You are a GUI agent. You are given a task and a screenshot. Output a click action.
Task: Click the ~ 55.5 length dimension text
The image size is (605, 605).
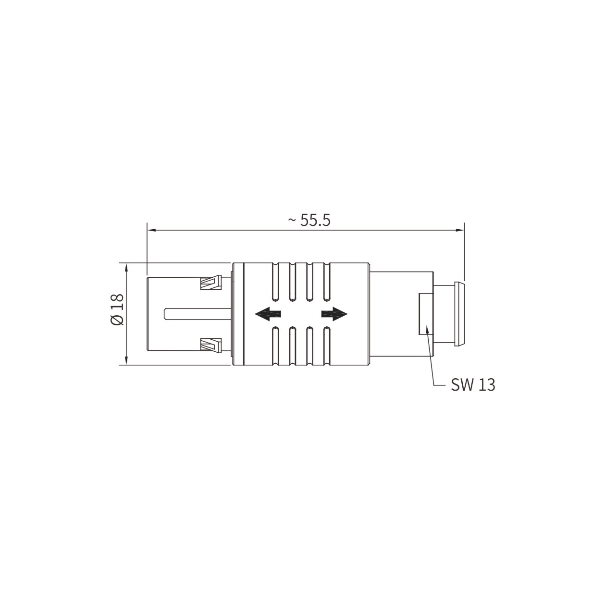[x=309, y=221]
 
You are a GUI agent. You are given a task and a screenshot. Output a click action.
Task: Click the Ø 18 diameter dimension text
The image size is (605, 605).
[x=117, y=309]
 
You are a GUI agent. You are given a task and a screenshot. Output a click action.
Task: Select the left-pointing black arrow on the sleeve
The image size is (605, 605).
[x=268, y=314]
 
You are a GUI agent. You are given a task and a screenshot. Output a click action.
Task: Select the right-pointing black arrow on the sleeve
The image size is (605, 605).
[x=334, y=314]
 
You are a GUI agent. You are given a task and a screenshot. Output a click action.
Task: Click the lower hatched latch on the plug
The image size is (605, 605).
[x=211, y=345]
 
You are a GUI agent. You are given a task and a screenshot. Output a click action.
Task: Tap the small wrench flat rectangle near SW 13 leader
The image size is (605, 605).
[x=426, y=314]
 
